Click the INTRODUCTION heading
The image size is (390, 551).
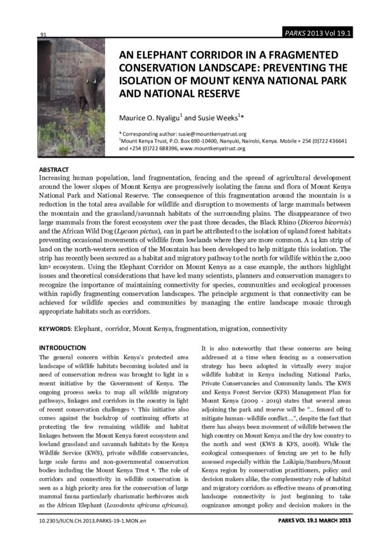point(62,348)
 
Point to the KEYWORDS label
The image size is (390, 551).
point(55,329)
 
